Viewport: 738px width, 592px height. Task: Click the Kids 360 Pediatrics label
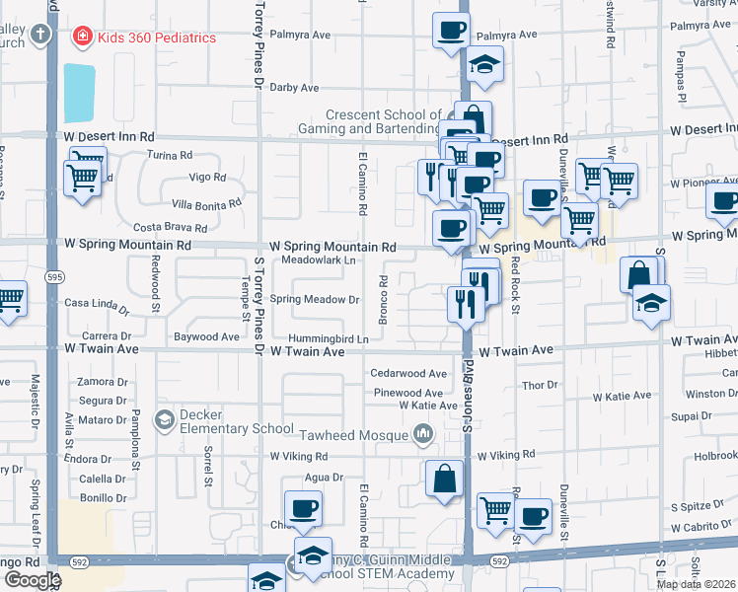point(157,37)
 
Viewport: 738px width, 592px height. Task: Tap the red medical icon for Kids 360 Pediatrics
point(83,37)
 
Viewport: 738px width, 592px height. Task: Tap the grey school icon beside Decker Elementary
point(164,421)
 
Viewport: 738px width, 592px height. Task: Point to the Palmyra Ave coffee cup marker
point(451,30)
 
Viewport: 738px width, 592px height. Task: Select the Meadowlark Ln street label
point(319,259)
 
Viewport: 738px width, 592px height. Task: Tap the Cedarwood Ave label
point(409,374)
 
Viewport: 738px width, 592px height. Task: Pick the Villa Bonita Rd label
point(206,203)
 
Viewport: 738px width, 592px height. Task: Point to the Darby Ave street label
point(295,88)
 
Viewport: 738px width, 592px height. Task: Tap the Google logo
point(33,579)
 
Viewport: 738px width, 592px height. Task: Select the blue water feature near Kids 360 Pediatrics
point(79,94)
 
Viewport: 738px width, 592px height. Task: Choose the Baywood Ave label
point(206,336)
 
